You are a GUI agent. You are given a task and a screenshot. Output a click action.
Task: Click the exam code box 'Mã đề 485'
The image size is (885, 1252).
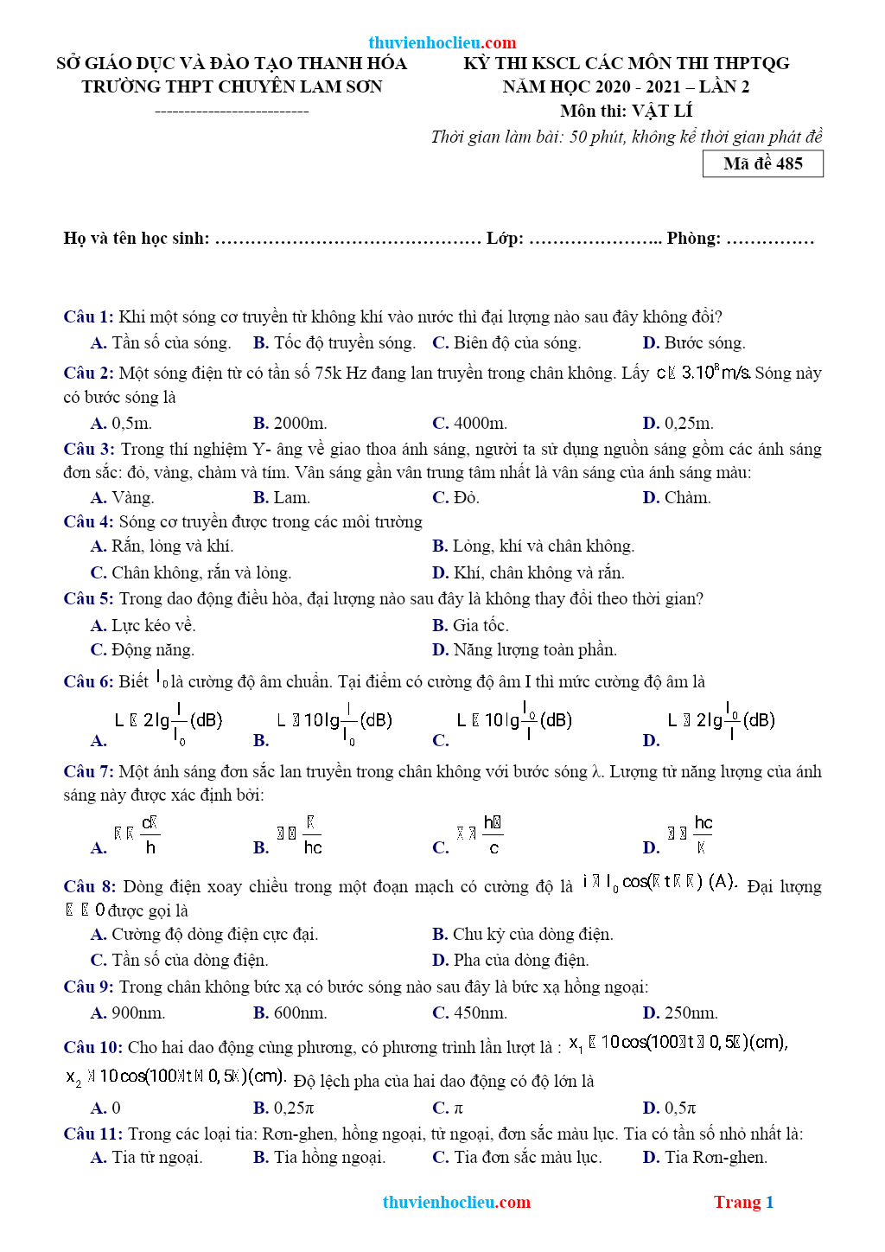(762, 163)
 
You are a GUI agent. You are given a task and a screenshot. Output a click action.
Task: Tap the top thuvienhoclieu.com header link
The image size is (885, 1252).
(442, 42)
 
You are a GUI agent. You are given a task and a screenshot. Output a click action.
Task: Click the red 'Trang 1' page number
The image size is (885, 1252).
(743, 1202)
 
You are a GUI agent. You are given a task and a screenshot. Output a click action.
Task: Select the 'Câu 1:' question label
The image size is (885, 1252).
(88, 316)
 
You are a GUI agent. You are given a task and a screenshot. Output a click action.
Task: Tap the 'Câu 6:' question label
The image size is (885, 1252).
(88, 681)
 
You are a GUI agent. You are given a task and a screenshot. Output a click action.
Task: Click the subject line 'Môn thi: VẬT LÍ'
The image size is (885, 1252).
(626, 111)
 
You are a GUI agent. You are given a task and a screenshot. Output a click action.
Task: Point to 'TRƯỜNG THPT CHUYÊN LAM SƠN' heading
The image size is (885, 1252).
(232, 86)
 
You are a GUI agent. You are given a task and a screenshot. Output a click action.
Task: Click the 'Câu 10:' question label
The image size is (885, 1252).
(92, 1047)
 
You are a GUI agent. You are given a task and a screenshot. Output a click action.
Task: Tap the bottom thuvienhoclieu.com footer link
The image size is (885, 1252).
(456, 1202)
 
